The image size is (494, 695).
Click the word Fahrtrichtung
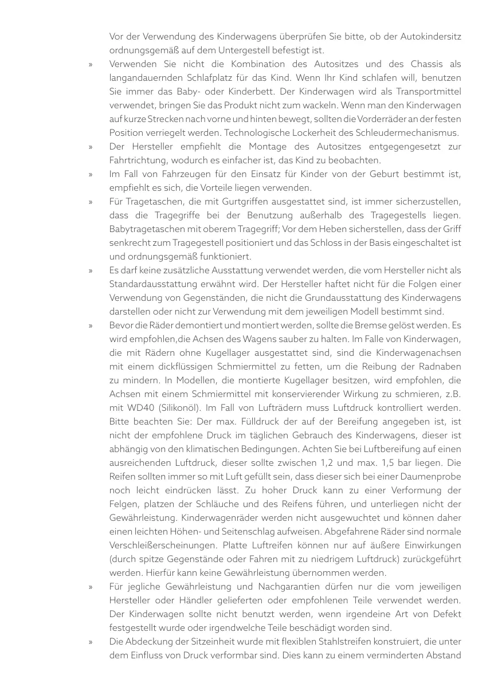(138, 160)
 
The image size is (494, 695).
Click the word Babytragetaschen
(146, 229)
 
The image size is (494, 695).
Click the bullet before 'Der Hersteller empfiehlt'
(91, 147)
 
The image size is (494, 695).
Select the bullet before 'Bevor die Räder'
(91, 326)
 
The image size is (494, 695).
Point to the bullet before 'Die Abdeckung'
(91, 642)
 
